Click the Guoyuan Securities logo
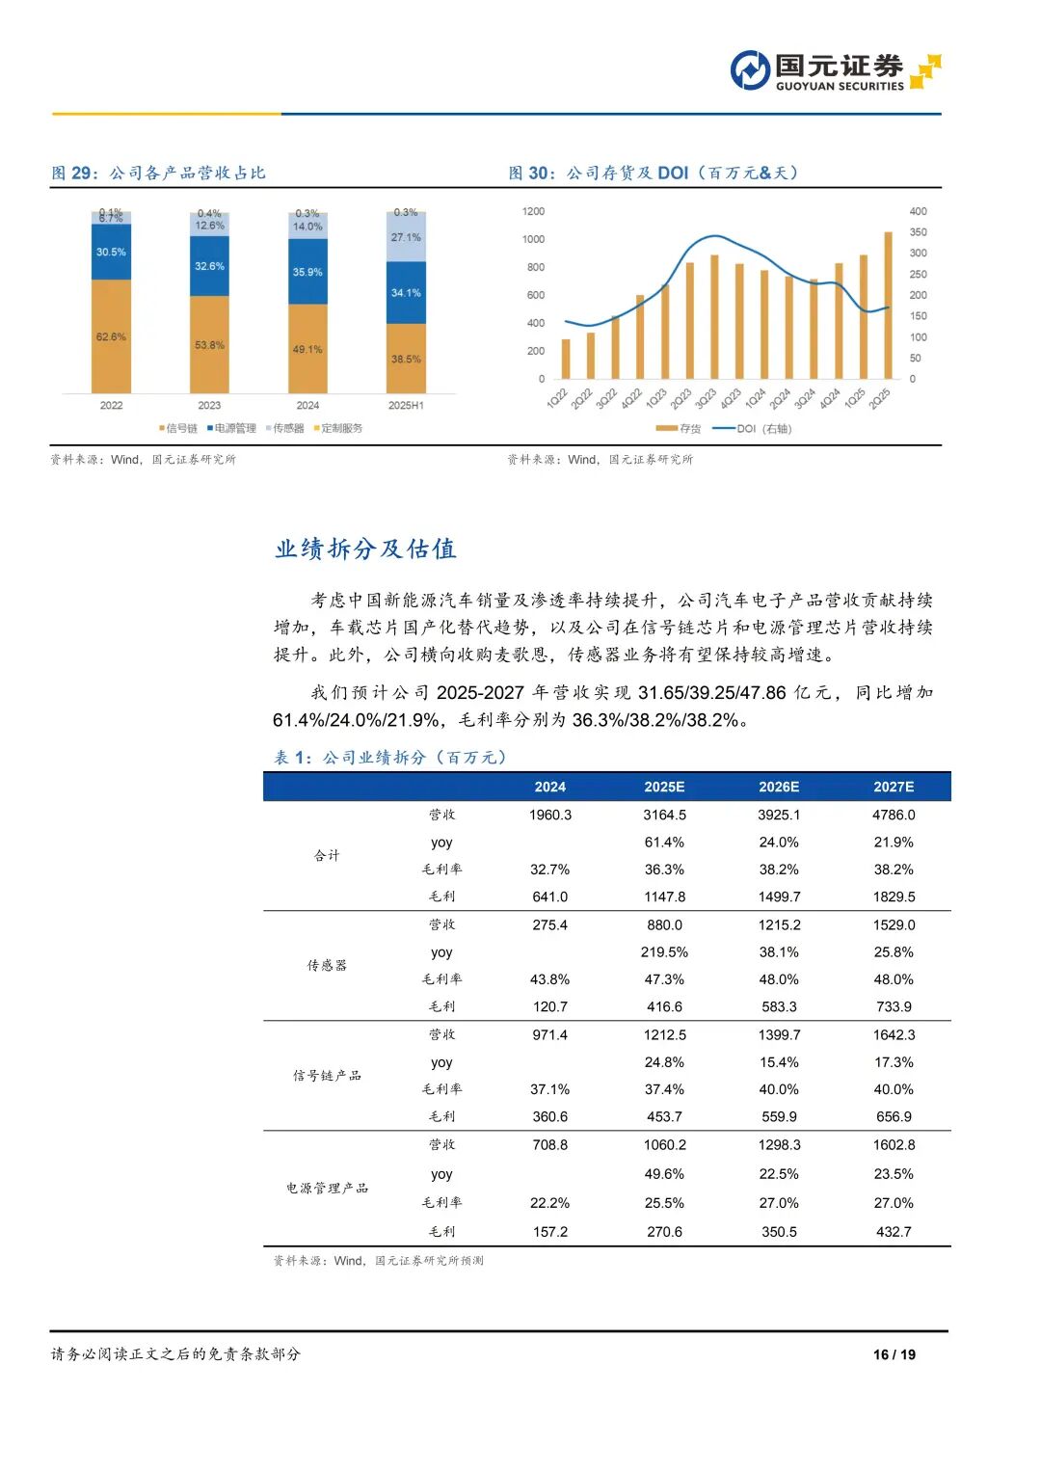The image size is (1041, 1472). [x=835, y=71]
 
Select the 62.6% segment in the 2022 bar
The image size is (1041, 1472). [x=111, y=336]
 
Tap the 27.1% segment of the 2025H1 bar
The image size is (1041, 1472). [x=406, y=237]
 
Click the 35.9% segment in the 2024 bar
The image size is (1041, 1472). [x=307, y=272]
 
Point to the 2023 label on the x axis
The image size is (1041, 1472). [x=209, y=406]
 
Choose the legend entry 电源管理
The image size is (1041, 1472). [x=231, y=428]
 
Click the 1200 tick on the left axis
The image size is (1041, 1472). [x=533, y=211]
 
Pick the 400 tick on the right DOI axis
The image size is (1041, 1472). [x=918, y=211]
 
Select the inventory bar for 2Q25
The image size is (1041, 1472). [x=888, y=306]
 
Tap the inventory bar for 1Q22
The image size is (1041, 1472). [x=566, y=359]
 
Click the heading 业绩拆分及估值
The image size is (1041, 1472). [x=365, y=549]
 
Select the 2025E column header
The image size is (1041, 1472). [x=664, y=787]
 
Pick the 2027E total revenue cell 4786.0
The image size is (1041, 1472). [x=894, y=815]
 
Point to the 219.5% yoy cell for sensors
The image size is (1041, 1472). [x=664, y=951]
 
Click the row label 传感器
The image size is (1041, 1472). [x=327, y=965]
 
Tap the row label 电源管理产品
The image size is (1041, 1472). [x=327, y=1188]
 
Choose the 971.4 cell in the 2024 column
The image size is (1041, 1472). [x=549, y=1034]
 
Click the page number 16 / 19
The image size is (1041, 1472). [x=894, y=1354]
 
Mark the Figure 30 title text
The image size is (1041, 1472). [x=653, y=174]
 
